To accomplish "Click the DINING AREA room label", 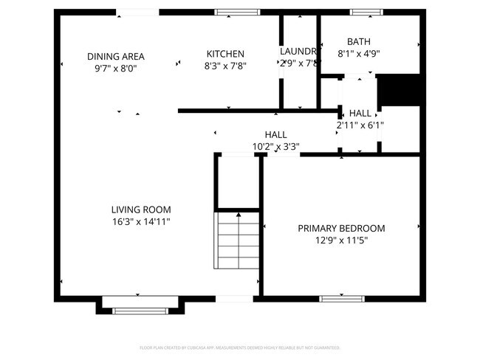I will pyautogui.click(x=115, y=56).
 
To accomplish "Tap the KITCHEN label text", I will pyautogui.click(x=225, y=54).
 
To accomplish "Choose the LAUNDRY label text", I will pyautogui.click(x=298, y=52).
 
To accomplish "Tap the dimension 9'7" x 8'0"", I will pyautogui.click(x=115, y=68).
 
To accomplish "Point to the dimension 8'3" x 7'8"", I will pyautogui.click(x=225, y=66).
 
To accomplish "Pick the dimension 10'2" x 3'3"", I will pyautogui.click(x=275, y=146).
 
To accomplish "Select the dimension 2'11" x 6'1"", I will pyautogui.click(x=360, y=125).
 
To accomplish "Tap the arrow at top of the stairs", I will pyautogui.click(x=238, y=215).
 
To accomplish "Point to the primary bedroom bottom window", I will pyautogui.click(x=341, y=298).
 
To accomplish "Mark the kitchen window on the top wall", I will pyautogui.click(x=237, y=12).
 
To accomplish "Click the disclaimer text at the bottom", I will pyautogui.click(x=239, y=347).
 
